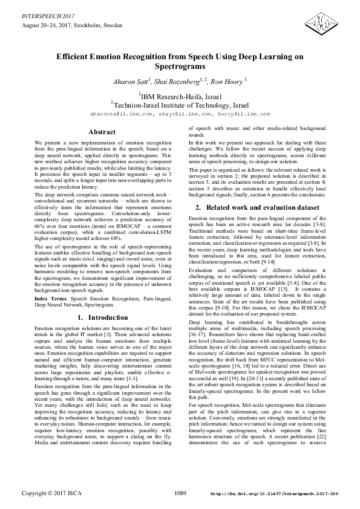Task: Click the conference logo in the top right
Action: (318, 25)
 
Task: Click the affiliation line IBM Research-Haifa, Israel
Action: (181, 95)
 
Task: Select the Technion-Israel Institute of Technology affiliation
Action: (180, 104)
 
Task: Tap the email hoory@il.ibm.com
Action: (244, 114)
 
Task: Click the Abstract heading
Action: (102, 132)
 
